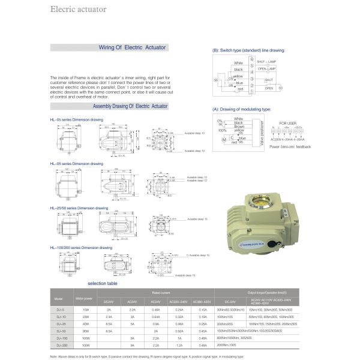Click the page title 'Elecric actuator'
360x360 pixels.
click(x=79, y=10)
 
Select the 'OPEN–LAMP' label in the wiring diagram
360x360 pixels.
click(x=266, y=70)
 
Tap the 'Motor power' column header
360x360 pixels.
click(x=84, y=298)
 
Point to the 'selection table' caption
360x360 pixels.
click(x=103, y=283)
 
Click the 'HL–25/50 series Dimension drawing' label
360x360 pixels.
click(x=80, y=208)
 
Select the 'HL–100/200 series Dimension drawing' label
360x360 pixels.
click(x=82, y=247)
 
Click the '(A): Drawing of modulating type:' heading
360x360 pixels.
click(x=242, y=110)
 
